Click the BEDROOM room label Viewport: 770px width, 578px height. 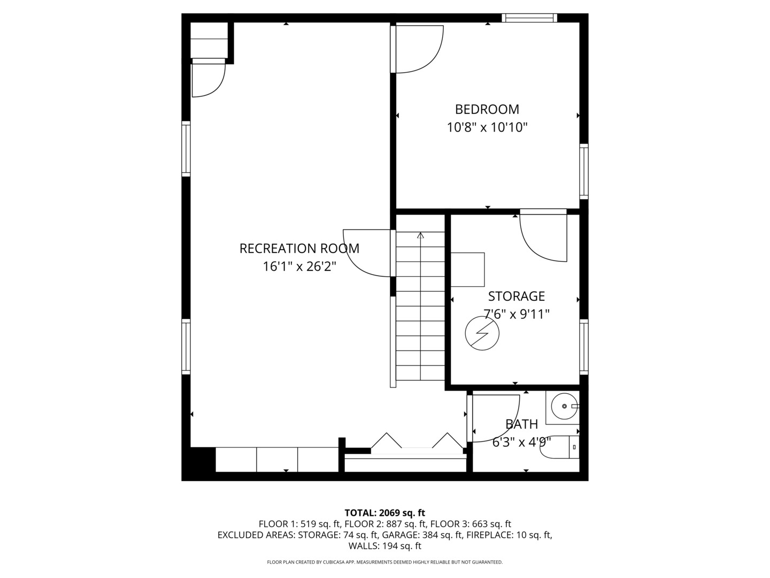487,109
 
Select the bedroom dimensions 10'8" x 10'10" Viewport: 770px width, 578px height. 487,127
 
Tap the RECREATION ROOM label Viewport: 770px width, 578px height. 299,248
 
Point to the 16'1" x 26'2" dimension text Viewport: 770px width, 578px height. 299,266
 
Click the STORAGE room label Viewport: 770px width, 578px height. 516,296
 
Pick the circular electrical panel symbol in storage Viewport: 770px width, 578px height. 482,333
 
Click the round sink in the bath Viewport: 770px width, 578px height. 564,406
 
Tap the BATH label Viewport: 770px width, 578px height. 521,424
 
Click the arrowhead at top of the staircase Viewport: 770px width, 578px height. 420,235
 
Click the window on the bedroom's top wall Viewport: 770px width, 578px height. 529,18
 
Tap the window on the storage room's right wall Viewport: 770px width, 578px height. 584,347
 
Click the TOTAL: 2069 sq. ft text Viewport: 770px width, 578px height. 384,513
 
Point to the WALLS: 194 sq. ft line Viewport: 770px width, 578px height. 384,546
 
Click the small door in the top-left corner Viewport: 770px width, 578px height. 207,79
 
